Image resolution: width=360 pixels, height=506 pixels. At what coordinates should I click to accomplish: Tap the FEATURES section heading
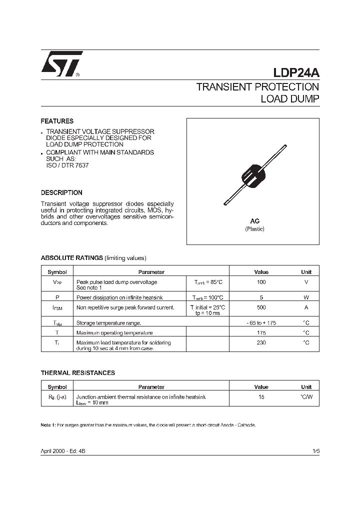click(57, 121)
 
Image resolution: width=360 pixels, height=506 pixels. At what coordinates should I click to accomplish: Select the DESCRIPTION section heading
click(61, 192)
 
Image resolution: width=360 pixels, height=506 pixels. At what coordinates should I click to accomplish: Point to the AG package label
click(254, 220)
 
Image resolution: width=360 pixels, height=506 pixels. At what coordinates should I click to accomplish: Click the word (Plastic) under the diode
click(254, 229)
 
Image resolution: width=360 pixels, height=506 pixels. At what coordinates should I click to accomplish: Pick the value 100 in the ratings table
click(261, 282)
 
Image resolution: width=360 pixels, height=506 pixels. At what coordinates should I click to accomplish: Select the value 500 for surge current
click(261, 307)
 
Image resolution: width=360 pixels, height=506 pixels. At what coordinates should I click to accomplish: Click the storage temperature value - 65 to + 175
click(261, 323)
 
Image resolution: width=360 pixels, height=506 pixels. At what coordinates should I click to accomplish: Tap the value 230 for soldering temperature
click(261, 342)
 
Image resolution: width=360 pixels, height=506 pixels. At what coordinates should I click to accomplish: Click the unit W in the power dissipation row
click(306, 297)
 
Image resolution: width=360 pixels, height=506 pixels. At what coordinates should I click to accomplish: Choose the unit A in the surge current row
click(306, 307)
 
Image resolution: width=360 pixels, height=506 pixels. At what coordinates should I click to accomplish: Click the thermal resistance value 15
click(261, 396)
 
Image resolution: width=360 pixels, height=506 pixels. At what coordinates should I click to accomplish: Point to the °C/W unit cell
click(306, 396)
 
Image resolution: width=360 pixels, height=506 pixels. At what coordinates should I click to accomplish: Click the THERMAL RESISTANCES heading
click(77, 373)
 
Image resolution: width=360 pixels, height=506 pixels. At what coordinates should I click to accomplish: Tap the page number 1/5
click(315, 451)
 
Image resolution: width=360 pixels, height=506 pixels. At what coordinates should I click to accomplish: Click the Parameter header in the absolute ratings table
click(151, 272)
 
